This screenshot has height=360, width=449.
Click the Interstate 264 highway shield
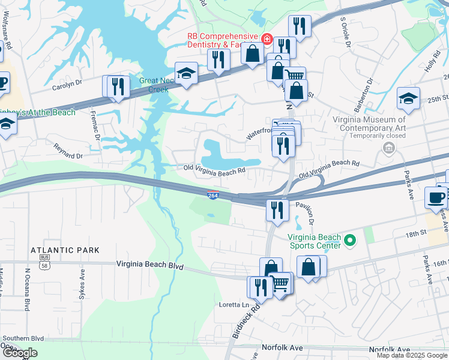212,196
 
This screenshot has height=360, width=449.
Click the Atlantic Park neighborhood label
65,249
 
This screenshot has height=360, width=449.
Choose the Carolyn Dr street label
66,85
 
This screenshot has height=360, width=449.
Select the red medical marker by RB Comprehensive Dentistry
265,42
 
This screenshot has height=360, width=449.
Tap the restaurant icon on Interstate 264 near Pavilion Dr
276,210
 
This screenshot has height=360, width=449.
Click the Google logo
19,353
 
